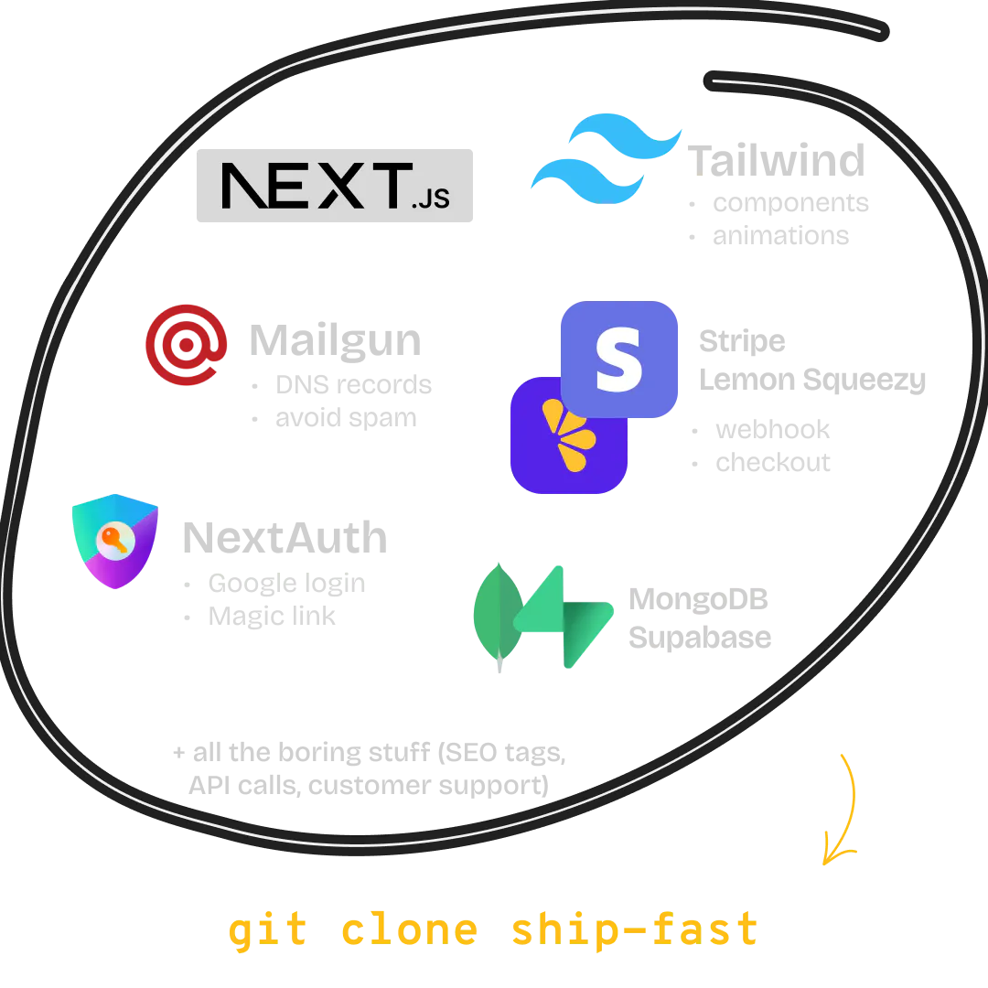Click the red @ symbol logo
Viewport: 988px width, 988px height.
[x=186, y=345]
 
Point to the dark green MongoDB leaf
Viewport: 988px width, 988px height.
[x=496, y=613]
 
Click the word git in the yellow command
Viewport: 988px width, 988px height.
[x=266, y=929]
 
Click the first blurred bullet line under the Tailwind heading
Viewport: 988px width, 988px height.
[x=789, y=201]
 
